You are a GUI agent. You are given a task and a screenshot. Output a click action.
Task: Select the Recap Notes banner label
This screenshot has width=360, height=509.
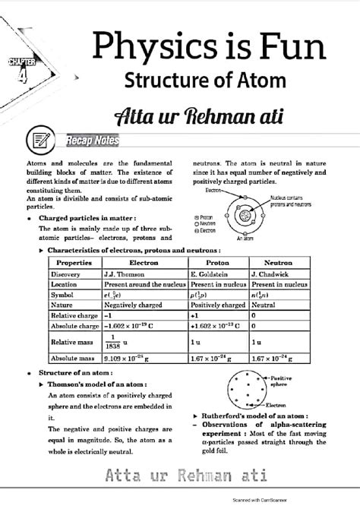tap(91, 141)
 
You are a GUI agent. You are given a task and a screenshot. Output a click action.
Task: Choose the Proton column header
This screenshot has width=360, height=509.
tap(217, 262)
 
